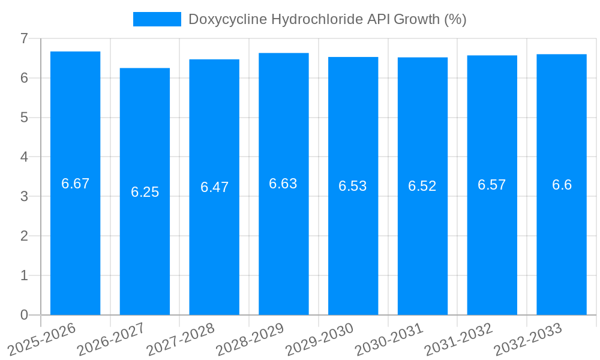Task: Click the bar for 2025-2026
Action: [x=75, y=240]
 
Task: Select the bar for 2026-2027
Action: [x=145, y=252]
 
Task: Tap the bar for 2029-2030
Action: [x=353, y=252]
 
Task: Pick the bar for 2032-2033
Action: [x=562, y=252]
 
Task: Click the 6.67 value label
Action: [x=75, y=184]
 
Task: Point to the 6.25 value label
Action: [x=145, y=192]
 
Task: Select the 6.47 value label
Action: [x=214, y=187]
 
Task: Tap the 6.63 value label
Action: [x=283, y=184]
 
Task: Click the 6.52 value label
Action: [x=422, y=186]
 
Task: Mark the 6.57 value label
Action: [x=492, y=185]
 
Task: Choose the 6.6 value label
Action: [x=562, y=185]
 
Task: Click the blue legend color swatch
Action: [x=157, y=19]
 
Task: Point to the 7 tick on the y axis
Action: [x=24, y=38]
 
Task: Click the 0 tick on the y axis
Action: [x=24, y=315]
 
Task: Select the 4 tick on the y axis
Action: [x=24, y=157]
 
